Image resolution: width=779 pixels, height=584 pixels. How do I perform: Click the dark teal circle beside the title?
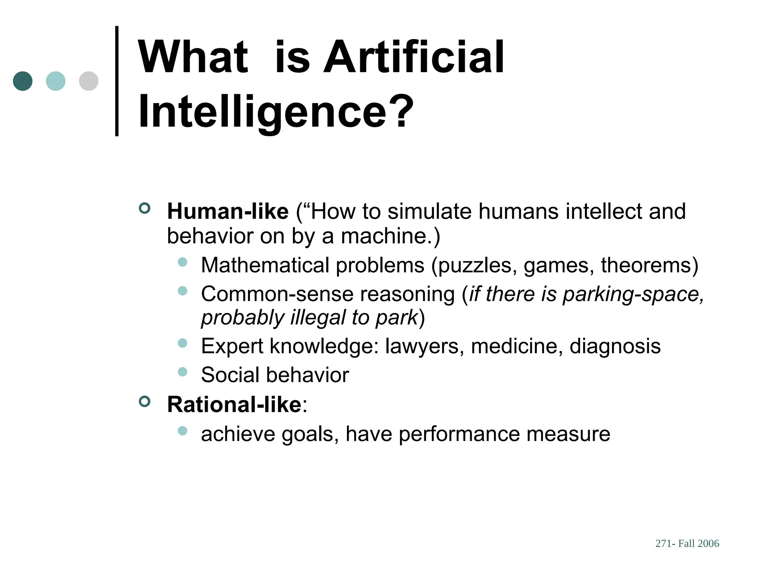(x=22, y=81)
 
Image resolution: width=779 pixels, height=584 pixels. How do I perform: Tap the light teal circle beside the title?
(x=56, y=81)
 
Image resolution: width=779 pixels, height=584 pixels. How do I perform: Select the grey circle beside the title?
(x=89, y=81)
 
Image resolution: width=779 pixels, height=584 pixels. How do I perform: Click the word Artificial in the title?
(x=414, y=57)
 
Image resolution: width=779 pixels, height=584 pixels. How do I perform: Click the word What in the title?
(x=193, y=57)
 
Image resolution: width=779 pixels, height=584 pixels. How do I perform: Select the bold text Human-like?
(x=228, y=211)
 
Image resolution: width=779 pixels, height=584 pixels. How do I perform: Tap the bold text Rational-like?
(x=234, y=404)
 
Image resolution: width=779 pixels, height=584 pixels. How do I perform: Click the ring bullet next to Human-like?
(x=145, y=208)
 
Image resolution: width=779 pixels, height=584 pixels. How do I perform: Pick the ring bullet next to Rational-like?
(x=145, y=401)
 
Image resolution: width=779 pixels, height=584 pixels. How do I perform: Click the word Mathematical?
(x=265, y=265)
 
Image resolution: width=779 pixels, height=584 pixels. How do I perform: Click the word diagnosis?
(x=615, y=346)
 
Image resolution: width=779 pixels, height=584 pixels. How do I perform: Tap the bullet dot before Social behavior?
(x=183, y=371)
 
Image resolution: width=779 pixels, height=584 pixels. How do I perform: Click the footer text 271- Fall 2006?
(x=687, y=544)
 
